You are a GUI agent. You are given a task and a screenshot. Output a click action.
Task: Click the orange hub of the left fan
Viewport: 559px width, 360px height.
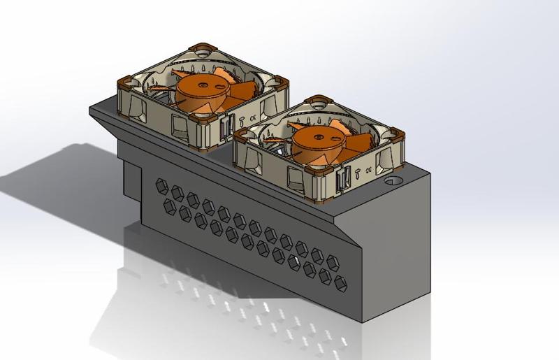point(203,88)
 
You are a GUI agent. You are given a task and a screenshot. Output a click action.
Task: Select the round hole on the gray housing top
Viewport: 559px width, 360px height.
point(393,179)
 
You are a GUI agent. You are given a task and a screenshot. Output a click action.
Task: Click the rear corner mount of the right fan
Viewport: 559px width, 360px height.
point(319,101)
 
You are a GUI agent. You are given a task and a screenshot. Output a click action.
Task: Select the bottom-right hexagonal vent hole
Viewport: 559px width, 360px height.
point(341,282)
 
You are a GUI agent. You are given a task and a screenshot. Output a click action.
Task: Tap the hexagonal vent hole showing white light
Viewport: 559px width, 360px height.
point(309,267)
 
